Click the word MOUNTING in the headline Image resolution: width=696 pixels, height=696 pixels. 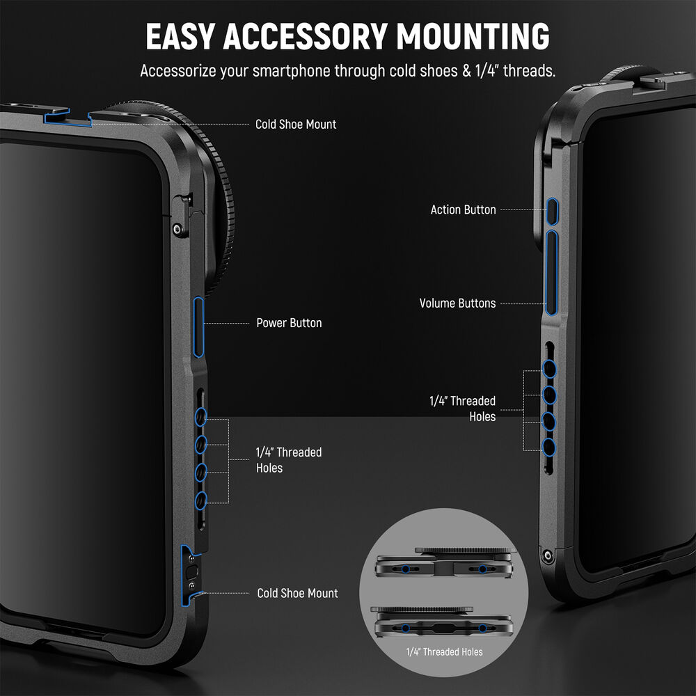pos(473,36)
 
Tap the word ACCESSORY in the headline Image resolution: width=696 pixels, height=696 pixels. pos(305,36)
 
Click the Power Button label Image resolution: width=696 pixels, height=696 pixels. pos(289,323)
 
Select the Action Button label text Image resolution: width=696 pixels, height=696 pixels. pos(463,209)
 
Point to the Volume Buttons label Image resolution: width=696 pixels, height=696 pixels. pos(458,303)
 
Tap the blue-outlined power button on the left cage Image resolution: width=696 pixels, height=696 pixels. pos(198,327)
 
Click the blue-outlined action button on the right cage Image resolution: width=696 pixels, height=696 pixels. pos(552,212)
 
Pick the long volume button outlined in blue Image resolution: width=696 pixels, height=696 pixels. pos(551,273)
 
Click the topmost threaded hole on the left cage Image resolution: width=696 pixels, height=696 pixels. pos(200,417)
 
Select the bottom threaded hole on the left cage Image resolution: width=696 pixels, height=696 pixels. pos(200,500)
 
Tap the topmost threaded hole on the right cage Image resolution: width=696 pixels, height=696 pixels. pos(550,369)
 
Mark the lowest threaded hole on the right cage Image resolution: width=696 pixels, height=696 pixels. pos(549,447)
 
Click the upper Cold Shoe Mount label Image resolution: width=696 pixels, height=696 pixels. pos(296,125)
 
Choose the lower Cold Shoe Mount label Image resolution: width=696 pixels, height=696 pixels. pos(297,593)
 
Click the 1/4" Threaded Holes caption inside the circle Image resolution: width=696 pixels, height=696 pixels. pos(444,651)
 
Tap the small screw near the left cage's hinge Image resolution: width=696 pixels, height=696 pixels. pos(177,229)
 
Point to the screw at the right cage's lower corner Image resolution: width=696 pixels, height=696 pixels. pos(547,555)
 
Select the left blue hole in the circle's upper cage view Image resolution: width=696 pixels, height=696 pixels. pos(405,569)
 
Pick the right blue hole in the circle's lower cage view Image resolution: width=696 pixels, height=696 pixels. pos(482,628)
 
